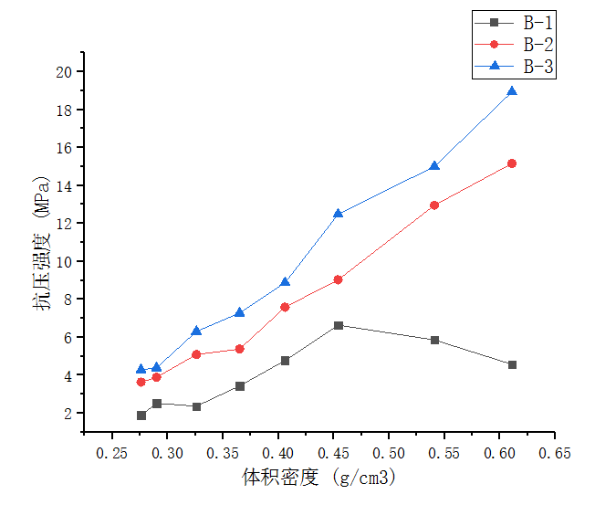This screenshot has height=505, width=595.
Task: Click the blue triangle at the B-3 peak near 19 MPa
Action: click(512, 91)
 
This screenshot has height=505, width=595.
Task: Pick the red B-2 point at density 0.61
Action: click(512, 163)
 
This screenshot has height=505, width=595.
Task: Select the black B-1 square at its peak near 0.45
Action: click(339, 325)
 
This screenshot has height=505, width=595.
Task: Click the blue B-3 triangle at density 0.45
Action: click(339, 214)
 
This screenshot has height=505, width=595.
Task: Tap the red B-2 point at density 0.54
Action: click(434, 205)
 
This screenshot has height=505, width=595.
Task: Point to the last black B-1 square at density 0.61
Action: click(512, 364)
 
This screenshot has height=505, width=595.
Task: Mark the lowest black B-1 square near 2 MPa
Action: click(141, 416)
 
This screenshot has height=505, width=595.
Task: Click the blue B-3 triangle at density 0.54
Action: click(434, 166)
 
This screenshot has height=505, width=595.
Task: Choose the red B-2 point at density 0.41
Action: click(286, 307)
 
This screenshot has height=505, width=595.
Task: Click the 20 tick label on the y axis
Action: click(63, 72)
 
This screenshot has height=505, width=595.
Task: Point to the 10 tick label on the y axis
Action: click(63, 261)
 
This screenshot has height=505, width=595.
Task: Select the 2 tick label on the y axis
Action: click(68, 413)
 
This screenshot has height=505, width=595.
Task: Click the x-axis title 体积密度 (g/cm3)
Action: click(318, 478)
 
